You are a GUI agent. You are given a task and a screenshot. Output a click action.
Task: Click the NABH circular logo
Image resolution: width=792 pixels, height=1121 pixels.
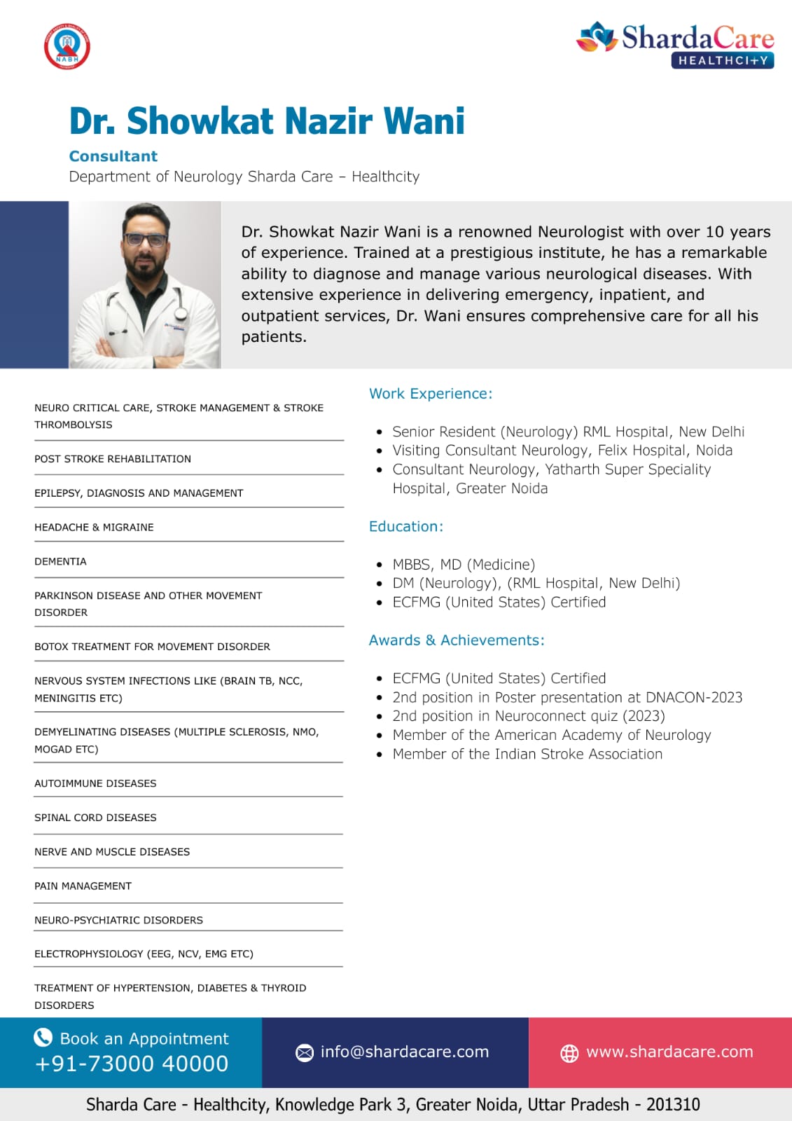click(67, 48)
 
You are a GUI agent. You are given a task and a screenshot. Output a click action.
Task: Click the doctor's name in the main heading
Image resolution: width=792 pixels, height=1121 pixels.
click(267, 121)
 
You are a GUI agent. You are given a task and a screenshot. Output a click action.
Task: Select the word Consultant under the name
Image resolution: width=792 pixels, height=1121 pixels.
click(113, 156)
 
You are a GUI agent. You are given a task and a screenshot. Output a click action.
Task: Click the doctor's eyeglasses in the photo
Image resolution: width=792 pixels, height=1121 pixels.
click(146, 239)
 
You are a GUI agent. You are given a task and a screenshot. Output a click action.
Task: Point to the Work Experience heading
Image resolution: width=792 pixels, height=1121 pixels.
click(431, 394)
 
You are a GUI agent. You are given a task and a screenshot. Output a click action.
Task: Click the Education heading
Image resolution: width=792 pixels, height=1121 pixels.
click(406, 526)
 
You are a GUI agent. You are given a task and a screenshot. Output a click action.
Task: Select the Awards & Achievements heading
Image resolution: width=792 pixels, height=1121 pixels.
click(457, 640)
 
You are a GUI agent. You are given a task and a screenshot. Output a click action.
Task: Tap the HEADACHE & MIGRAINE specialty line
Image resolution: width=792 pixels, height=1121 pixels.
click(94, 527)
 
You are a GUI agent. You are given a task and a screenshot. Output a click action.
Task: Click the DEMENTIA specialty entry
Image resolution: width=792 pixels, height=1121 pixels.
click(61, 561)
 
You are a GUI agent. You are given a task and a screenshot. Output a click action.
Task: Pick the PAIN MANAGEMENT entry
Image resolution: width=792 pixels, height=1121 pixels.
click(83, 886)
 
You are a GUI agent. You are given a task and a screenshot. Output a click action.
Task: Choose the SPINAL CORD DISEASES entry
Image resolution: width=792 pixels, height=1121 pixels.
click(95, 818)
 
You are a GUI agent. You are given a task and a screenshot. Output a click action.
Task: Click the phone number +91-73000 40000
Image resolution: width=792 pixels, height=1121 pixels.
click(132, 1064)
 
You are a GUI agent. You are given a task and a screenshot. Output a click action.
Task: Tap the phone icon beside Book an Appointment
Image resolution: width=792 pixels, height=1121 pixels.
click(43, 1038)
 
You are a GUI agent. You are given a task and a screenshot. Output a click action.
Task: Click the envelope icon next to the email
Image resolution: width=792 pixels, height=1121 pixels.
click(305, 1052)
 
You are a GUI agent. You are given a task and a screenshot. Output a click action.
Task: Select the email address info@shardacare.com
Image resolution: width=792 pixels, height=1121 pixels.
click(405, 1052)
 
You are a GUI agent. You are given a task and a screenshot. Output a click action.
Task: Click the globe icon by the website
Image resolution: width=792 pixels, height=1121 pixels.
click(569, 1053)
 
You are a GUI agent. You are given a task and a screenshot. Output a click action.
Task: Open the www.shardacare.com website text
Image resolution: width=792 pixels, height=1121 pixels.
click(669, 1052)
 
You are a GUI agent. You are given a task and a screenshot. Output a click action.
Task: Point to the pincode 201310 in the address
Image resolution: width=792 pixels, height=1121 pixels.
click(673, 1105)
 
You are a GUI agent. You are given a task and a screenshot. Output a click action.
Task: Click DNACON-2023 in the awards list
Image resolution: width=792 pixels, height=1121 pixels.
click(694, 697)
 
